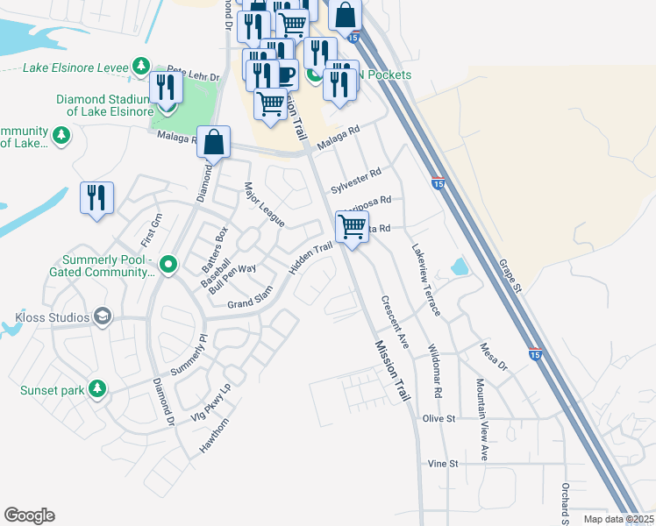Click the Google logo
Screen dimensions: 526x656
pos(29,515)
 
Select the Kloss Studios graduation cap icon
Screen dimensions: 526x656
pos(103,316)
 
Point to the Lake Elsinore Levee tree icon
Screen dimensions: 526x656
pos(140,67)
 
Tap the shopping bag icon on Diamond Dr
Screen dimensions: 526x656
pos(213,141)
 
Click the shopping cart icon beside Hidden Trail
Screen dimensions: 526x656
pos(352,227)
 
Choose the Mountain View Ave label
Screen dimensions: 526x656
pos(481,419)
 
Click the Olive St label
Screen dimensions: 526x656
pos(439,419)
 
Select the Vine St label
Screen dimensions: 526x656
pos(442,463)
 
